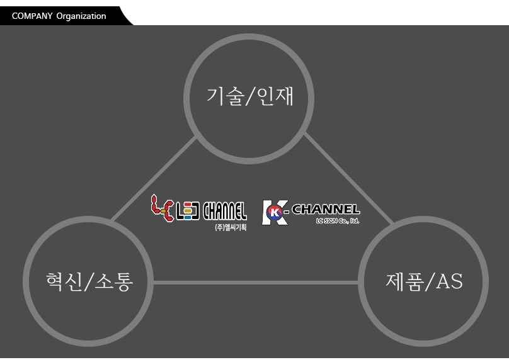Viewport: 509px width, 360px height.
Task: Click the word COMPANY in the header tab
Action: pyautogui.click(x=31, y=16)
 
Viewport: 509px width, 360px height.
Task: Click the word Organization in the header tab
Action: pyautogui.click(x=81, y=16)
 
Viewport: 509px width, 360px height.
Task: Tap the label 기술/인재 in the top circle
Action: pyautogui.click(x=250, y=96)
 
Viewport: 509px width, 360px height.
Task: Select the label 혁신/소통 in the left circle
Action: pyautogui.click(x=89, y=281)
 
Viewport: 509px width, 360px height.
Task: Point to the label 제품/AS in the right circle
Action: pyautogui.click(x=424, y=281)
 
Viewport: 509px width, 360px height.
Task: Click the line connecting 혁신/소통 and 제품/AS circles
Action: pyautogui.click(x=256, y=283)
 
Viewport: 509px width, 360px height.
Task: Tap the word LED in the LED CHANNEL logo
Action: pyautogui.click(x=188, y=211)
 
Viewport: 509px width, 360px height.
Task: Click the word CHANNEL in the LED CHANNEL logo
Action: pyautogui.click(x=225, y=211)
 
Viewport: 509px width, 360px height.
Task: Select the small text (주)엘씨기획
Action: pyautogui.click(x=231, y=227)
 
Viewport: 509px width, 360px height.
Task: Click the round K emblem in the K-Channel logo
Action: pyautogui.click(x=274, y=213)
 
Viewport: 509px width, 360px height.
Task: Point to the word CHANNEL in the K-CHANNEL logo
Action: pyautogui.click(x=326, y=210)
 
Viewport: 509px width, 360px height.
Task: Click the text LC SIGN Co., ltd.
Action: pyautogui.click(x=337, y=221)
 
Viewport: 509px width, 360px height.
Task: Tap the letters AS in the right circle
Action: pyautogui.click(x=449, y=281)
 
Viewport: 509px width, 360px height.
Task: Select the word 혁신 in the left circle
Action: pyautogui.click(x=64, y=281)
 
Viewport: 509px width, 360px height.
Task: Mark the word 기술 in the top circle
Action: pyautogui.click(x=226, y=96)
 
